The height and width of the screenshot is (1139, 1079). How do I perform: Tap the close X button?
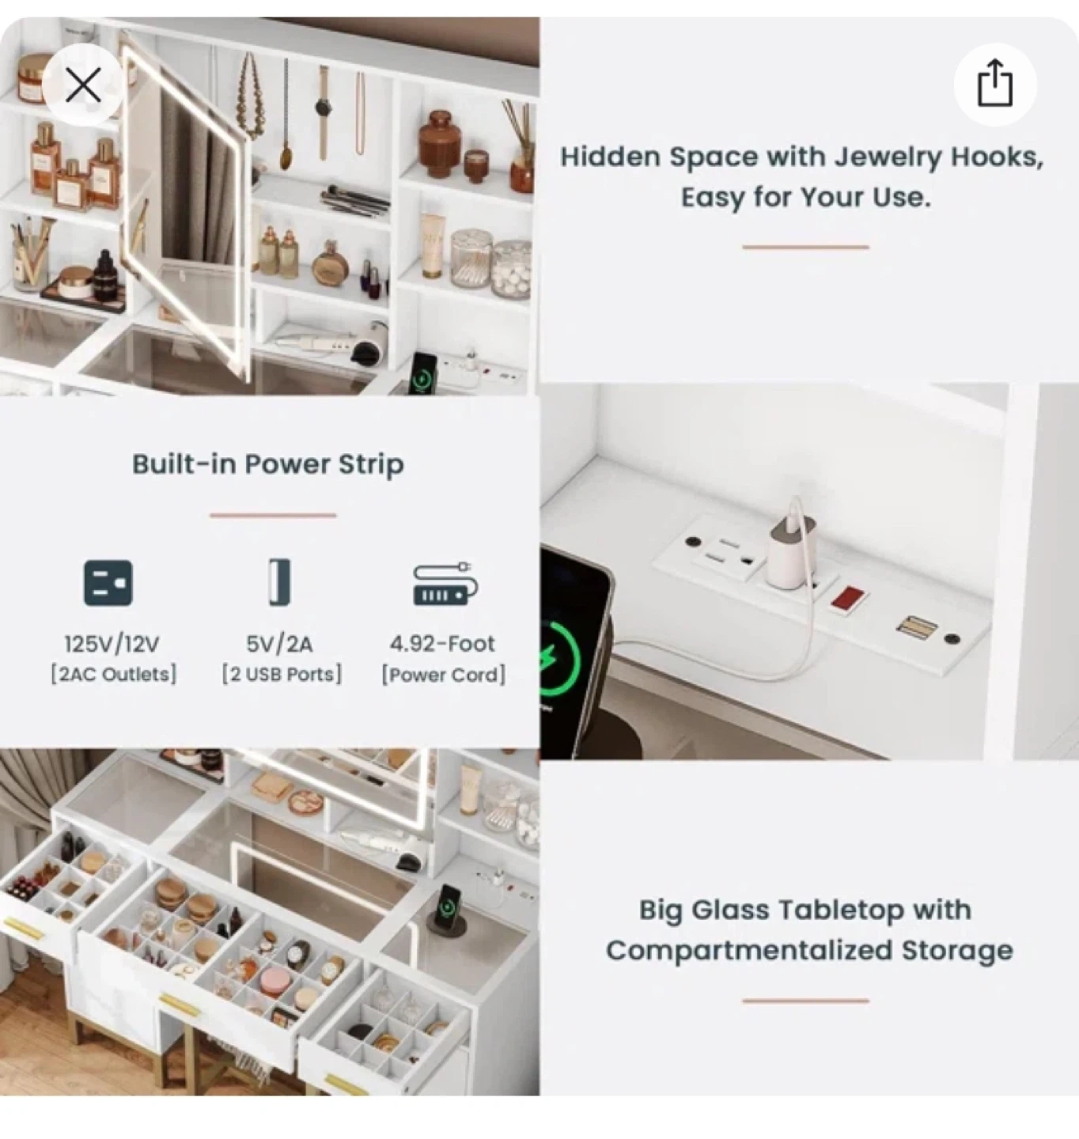(83, 85)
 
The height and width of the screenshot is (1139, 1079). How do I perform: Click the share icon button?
(995, 85)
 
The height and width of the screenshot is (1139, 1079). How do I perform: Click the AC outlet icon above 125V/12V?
(108, 583)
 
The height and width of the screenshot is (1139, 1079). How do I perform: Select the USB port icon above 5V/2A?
(279, 582)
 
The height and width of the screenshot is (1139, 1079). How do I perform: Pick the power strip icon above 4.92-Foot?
(445, 584)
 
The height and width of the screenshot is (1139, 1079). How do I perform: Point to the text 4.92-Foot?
(442, 644)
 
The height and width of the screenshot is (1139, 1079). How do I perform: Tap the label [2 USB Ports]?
(282, 675)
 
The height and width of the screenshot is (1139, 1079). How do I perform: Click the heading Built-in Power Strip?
(267, 464)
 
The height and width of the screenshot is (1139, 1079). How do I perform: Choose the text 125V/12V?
(112, 644)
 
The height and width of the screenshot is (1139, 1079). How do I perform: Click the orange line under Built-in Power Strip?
(273, 515)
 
